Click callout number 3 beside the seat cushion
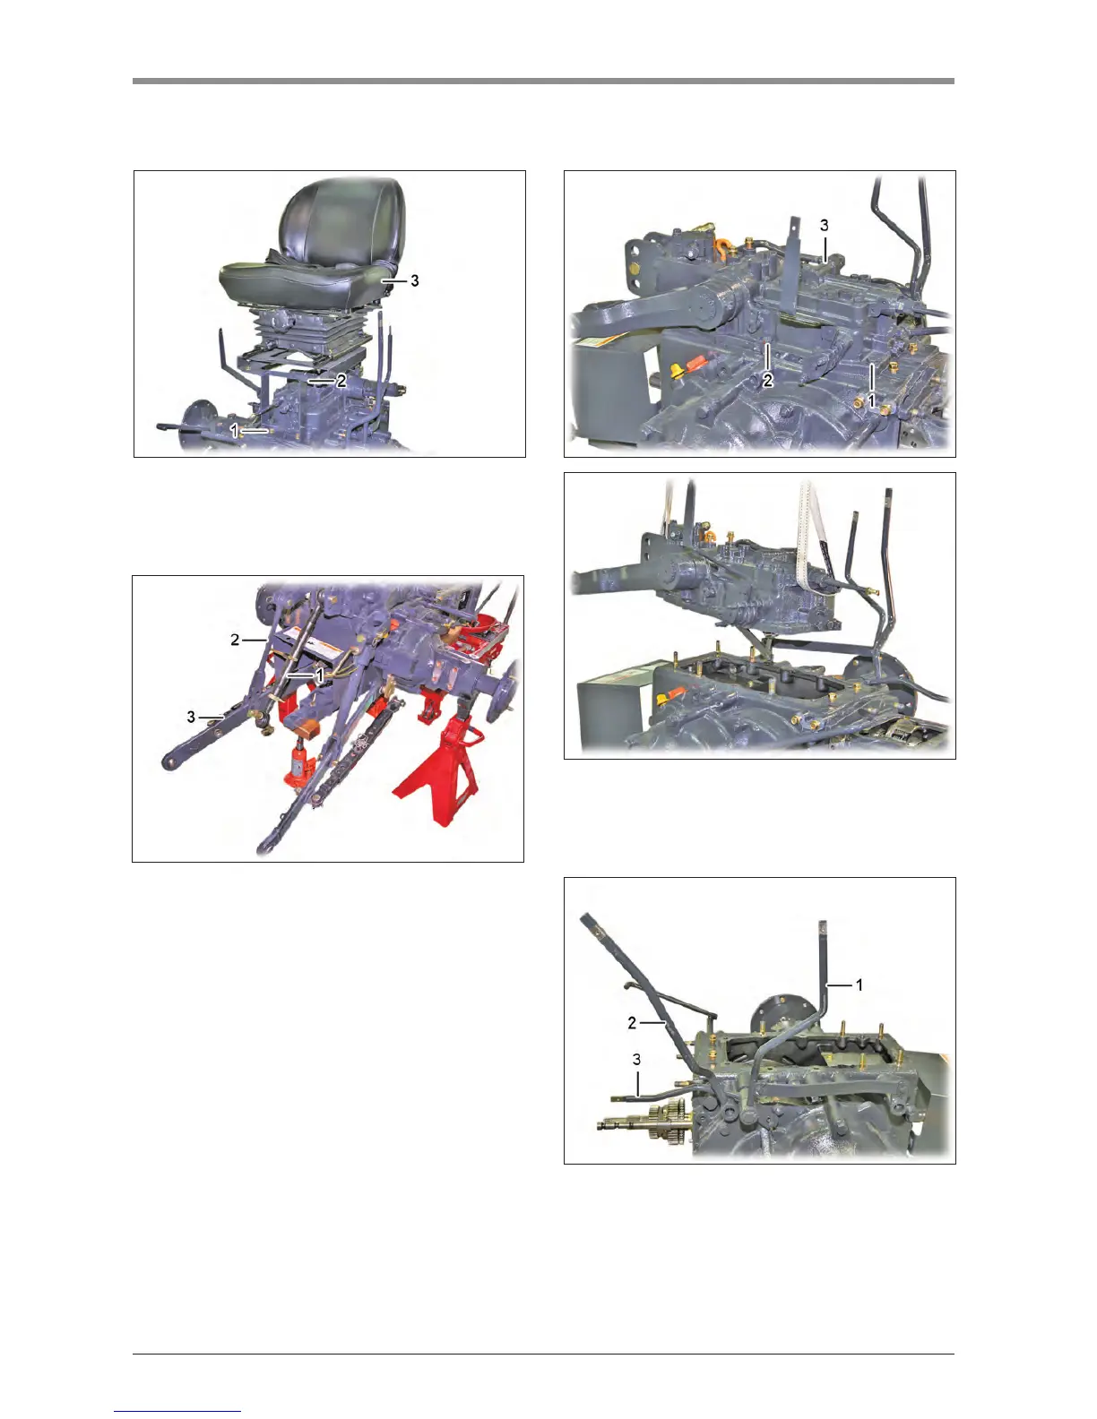click(414, 280)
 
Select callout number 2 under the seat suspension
click(341, 381)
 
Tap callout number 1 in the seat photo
click(234, 430)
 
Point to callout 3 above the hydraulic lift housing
click(824, 225)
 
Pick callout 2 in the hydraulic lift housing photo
click(768, 380)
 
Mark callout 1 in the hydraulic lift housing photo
click(870, 400)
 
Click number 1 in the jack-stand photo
click(319, 675)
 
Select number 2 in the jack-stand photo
click(235, 640)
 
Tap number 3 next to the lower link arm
click(191, 717)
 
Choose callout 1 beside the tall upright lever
click(859, 985)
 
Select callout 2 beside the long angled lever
click(632, 1023)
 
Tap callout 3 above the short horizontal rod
click(636, 1059)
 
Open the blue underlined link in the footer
click(177, 1411)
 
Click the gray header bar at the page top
click(543, 81)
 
